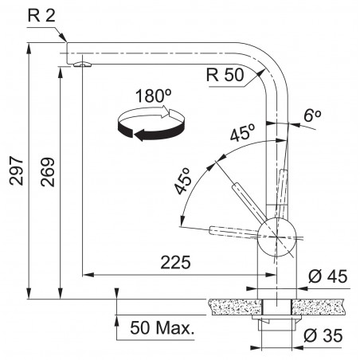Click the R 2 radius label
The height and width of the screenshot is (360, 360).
[x=41, y=16]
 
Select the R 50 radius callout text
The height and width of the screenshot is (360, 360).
[x=225, y=75]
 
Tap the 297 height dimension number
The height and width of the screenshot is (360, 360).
[x=16, y=170]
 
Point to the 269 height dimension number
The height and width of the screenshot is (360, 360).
[x=48, y=172]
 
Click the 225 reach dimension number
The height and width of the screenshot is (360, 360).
[x=175, y=262]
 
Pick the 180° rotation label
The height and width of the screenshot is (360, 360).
[x=153, y=96]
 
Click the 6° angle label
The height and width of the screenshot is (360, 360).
[x=312, y=115]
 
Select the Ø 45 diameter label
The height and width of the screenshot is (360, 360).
[x=327, y=276]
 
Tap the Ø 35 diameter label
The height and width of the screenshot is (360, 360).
[x=323, y=335]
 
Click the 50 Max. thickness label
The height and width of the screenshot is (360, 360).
[x=162, y=327]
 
